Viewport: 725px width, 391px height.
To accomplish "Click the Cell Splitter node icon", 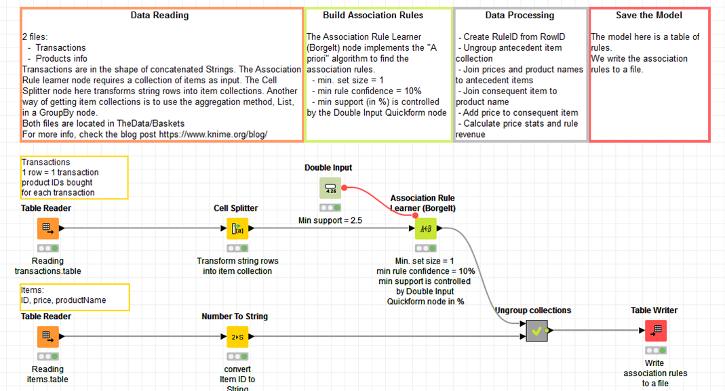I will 237,229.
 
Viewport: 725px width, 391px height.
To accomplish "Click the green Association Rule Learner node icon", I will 426,229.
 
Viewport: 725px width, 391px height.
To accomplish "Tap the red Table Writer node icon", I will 655,331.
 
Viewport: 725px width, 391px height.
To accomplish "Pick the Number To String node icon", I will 237,337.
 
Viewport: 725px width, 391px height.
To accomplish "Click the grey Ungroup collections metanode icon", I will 536,331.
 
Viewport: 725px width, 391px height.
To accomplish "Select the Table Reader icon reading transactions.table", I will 48,229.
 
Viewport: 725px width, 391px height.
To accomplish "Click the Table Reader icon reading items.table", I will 48,337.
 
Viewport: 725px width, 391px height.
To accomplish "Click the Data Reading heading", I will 160,15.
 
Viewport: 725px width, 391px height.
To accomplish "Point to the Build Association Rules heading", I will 372,15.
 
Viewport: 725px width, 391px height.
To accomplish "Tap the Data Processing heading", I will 520,15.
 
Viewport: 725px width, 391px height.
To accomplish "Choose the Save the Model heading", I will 649,15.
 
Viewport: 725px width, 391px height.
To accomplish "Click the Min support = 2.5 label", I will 330,220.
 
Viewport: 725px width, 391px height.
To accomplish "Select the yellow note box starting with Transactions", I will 74,178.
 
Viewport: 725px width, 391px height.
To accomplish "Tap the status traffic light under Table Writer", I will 655,350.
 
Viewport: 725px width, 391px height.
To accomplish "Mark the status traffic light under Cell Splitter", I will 237,248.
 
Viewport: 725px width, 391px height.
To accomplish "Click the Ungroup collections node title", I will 533,310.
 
